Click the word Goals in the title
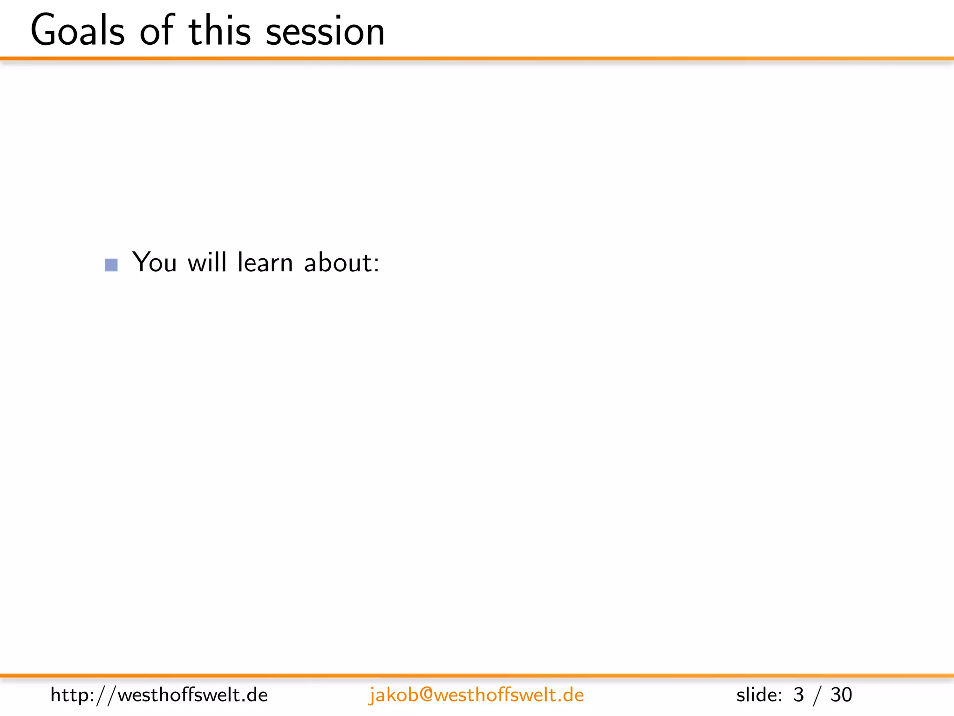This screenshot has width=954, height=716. [x=78, y=31]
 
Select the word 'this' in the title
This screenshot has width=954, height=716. [x=220, y=31]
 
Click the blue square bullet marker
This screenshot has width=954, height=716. [x=111, y=265]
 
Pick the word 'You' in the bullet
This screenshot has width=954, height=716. [x=155, y=262]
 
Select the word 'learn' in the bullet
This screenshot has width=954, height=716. [x=265, y=262]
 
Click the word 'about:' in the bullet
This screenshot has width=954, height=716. [x=342, y=262]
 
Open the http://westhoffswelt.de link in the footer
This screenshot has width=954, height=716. [x=159, y=695]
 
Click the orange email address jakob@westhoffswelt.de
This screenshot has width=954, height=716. [x=476, y=695]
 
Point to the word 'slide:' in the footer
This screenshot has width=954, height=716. [x=759, y=695]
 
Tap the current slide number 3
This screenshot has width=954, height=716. [x=798, y=695]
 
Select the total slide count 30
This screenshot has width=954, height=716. [x=841, y=695]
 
